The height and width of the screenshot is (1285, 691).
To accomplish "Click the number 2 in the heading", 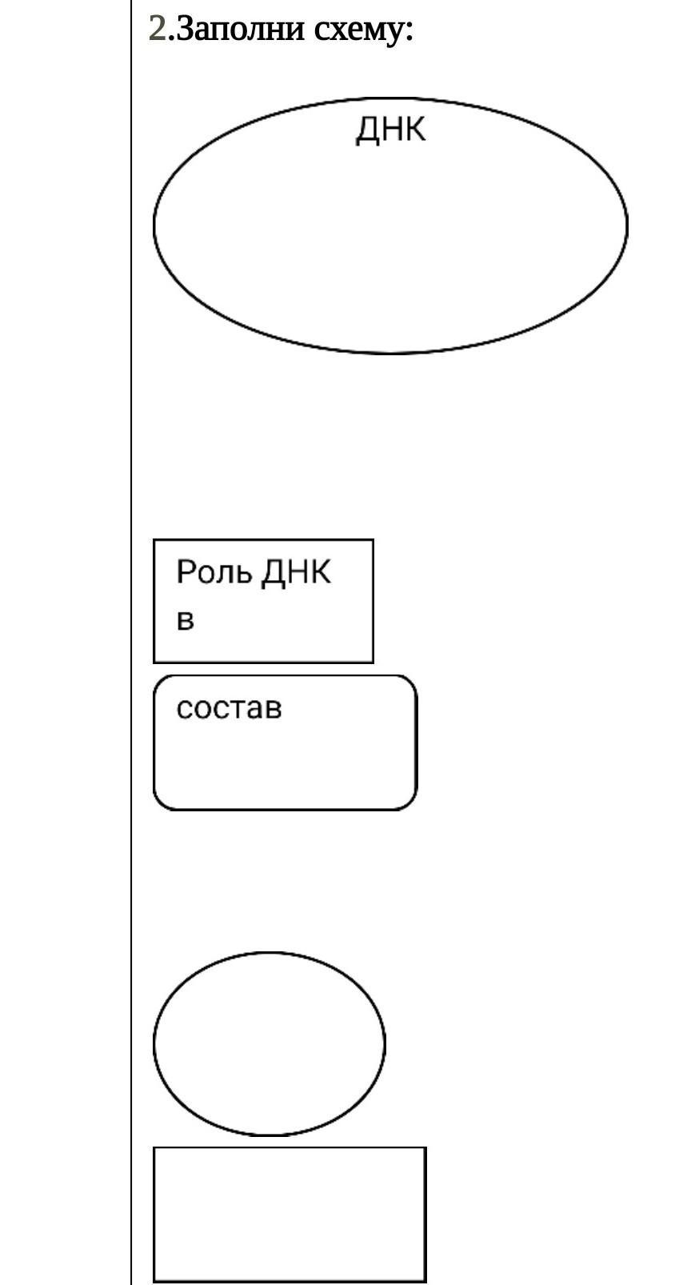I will [157, 30].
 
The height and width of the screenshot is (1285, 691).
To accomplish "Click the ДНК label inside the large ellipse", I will [390, 130].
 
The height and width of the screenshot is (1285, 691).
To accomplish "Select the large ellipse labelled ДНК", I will [390, 240].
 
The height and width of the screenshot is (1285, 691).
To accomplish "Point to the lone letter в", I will [186, 620].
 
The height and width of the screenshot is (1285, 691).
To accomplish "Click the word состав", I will [229, 708].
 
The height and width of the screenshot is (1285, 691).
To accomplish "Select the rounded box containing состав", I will [285, 760].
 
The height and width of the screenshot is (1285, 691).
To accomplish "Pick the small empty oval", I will [269, 1043].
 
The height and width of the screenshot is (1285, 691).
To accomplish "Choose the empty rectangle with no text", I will [290, 1214].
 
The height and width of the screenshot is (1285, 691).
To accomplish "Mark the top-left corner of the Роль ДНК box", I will [154, 540].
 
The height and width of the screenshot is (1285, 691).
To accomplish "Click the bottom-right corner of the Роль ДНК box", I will [373, 663].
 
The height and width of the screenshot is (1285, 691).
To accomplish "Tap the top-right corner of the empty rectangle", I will [425, 1148].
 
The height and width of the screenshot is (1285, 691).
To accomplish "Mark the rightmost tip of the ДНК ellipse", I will [627, 226].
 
